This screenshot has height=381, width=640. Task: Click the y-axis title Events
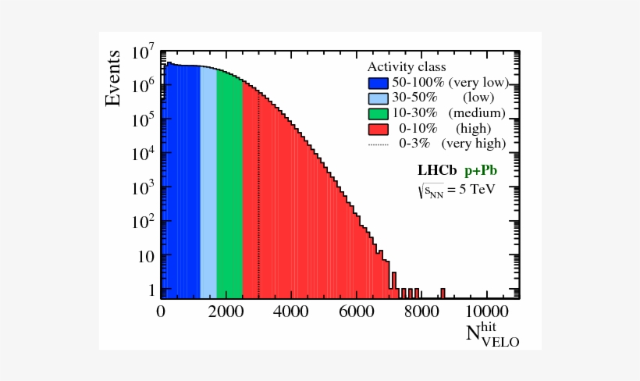114,78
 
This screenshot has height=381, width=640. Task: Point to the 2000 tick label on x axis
226,311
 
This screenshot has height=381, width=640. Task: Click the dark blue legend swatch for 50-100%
378,83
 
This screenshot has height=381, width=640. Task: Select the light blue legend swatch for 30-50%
378,98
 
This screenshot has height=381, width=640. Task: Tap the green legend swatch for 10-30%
378,113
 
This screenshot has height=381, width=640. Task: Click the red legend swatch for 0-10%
378,128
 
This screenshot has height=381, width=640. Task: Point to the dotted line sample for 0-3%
378,144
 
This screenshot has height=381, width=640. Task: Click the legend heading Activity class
407,67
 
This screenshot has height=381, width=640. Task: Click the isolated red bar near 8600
443,294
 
